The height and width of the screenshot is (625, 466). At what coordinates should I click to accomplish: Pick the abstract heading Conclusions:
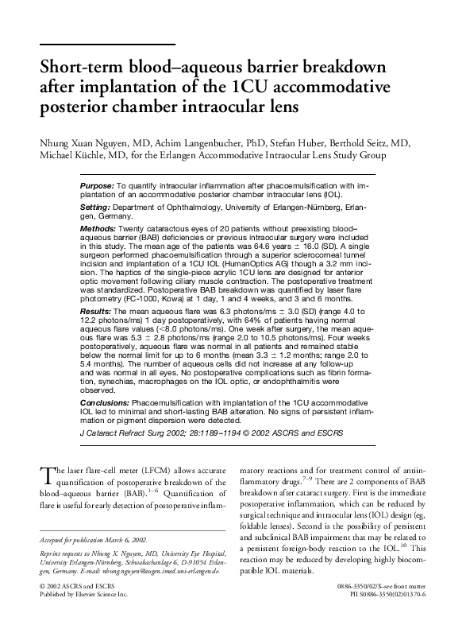click(106, 404)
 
